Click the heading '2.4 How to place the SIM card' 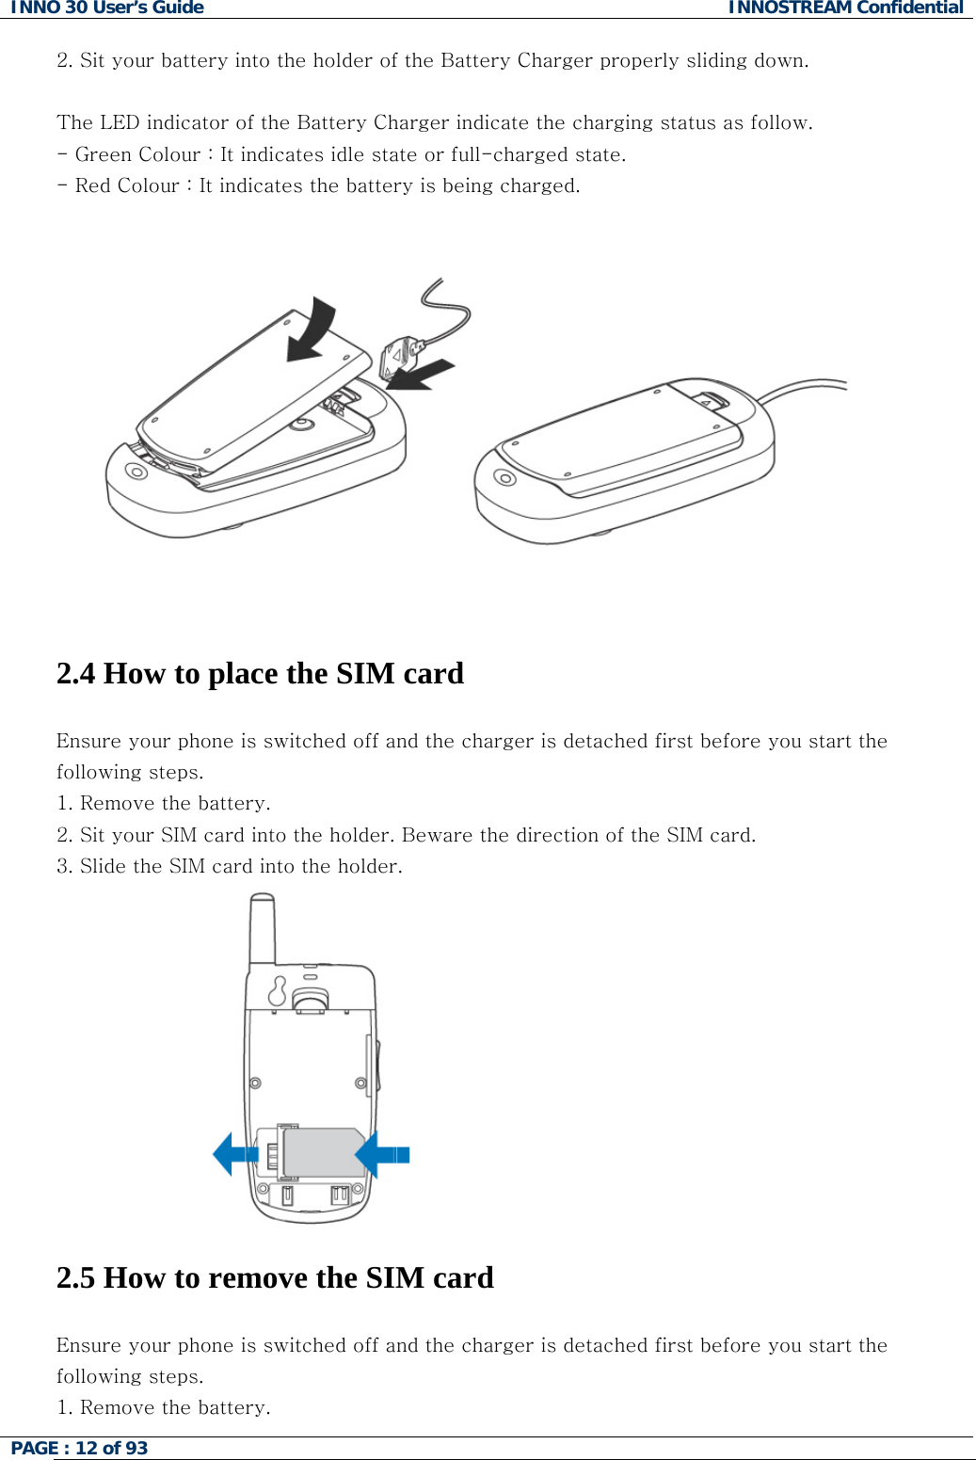[260, 674]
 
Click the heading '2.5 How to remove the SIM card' [275, 1278]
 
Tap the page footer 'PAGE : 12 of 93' [79, 1448]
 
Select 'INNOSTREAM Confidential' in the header [845, 8]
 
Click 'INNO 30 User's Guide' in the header [106, 8]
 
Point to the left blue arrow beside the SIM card [234, 1153]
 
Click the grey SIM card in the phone [323, 1152]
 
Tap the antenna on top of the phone [262, 927]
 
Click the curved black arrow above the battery [313, 330]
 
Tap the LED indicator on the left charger [136, 471]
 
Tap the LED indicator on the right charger [505, 478]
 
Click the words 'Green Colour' [137, 154]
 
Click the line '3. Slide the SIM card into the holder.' [230, 866]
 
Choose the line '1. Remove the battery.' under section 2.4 [164, 803]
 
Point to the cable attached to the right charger [800, 388]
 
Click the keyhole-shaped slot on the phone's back [278, 990]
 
